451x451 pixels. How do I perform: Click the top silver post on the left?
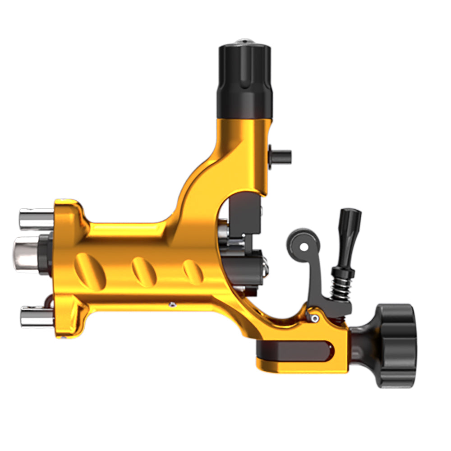pyautogui.click(x=36, y=218)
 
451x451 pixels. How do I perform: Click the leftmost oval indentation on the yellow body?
pyautogui.click(x=90, y=271)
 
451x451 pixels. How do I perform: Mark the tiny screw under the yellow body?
pyautogui.click(x=172, y=305)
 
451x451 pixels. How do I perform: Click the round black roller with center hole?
pyautogui.click(x=304, y=245)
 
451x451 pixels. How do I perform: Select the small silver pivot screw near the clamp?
pyautogui.click(x=314, y=318)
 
